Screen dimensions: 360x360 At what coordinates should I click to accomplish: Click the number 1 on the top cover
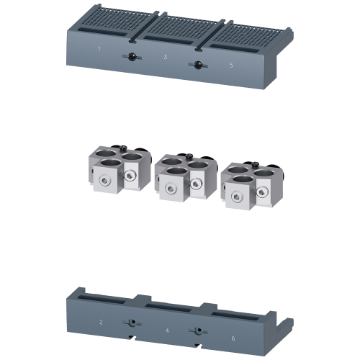click(x=99, y=48)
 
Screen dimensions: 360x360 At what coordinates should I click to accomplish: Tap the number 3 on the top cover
click(x=165, y=56)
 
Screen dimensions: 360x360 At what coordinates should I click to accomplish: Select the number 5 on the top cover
click(x=231, y=63)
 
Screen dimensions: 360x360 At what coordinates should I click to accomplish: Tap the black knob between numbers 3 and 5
click(x=197, y=66)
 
